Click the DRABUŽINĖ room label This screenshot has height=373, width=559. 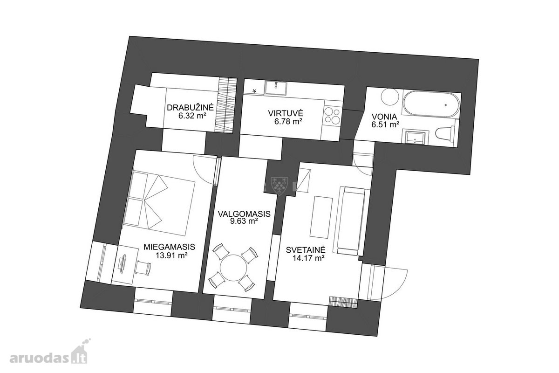(191, 108)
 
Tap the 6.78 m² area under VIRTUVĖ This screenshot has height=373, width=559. (288, 122)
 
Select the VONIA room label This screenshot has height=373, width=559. (384, 117)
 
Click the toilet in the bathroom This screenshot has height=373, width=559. (445, 133)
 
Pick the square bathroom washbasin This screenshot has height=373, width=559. (415, 137)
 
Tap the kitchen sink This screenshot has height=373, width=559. (276, 88)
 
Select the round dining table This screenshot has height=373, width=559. (233, 268)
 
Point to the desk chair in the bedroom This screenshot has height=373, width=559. (143, 268)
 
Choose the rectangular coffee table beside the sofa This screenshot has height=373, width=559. (321, 218)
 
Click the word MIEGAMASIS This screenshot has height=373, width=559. (169, 247)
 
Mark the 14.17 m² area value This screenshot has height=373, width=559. (308, 258)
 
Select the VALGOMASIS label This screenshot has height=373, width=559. (244, 214)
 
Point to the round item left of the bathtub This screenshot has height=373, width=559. (390, 97)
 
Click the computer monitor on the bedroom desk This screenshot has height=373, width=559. (122, 265)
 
